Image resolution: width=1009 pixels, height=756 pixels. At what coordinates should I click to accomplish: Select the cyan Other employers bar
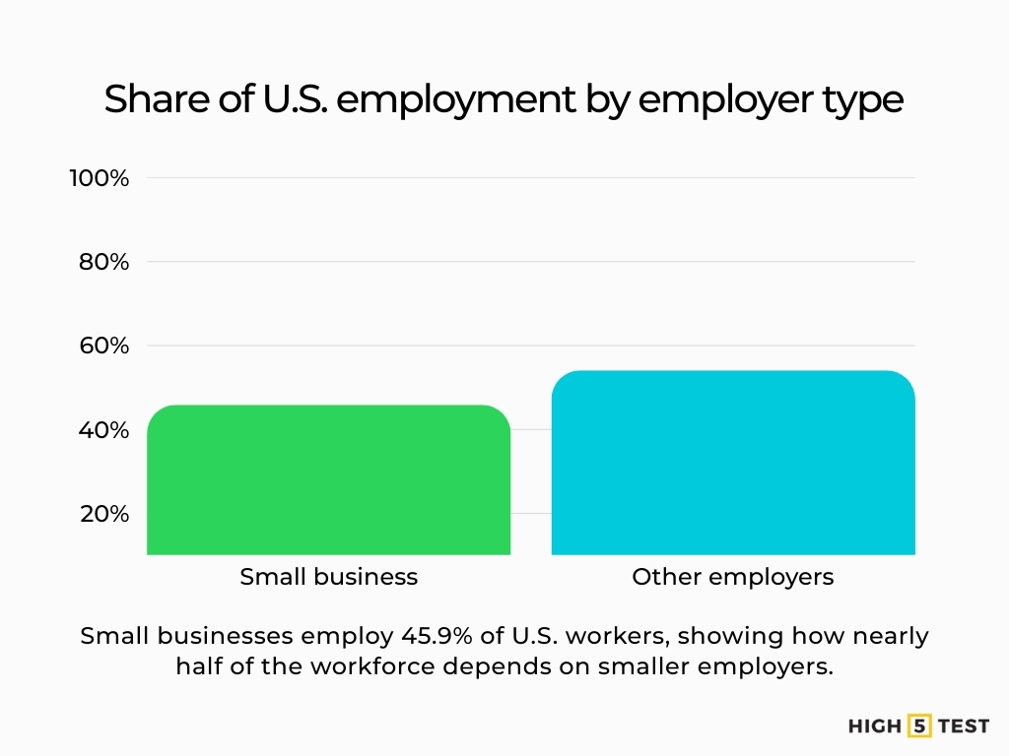click(x=733, y=463)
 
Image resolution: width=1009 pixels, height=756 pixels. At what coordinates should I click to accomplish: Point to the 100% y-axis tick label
click(x=99, y=178)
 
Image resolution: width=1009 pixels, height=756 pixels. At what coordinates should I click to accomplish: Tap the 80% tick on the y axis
click(x=104, y=262)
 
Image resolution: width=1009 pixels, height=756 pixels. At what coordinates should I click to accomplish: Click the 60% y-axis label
click(x=104, y=346)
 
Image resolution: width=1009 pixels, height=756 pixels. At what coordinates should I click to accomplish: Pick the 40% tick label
click(x=104, y=430)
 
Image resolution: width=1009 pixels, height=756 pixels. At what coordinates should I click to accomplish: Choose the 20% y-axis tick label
click(x=104, y=514)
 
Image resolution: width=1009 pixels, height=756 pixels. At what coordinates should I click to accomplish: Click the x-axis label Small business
click(x=328, y=577)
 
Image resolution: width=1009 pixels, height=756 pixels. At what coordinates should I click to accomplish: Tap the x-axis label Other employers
click(x=733, y=577)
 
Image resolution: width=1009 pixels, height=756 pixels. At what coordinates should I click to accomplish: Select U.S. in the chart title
click(x=287, y=99)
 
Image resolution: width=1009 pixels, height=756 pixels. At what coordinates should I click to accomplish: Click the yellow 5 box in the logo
click(x=920, y=726)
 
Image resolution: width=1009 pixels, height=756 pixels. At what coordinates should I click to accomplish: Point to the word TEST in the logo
click(x=963, y=726)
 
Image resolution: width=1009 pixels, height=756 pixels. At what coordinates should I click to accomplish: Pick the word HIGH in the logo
click(x=875, y=726)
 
